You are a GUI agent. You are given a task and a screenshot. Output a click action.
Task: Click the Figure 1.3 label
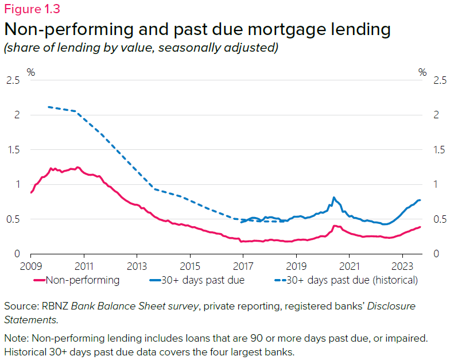32,9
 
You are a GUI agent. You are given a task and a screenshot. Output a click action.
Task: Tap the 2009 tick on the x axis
30,267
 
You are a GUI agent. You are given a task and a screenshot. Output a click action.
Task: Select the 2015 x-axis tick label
190,267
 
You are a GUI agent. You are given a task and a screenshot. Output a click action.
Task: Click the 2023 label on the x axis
402,267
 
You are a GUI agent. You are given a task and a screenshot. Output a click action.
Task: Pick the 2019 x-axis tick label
296,267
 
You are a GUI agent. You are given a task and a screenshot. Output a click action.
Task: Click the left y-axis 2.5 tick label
13,80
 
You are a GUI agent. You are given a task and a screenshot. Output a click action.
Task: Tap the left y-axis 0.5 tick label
13,219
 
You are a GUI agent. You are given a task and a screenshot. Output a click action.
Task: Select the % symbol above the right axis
422,72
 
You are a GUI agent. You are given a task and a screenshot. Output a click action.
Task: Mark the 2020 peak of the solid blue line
333,198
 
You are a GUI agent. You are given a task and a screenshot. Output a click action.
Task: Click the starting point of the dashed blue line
48,107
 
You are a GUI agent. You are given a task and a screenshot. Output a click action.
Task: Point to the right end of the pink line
420,227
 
